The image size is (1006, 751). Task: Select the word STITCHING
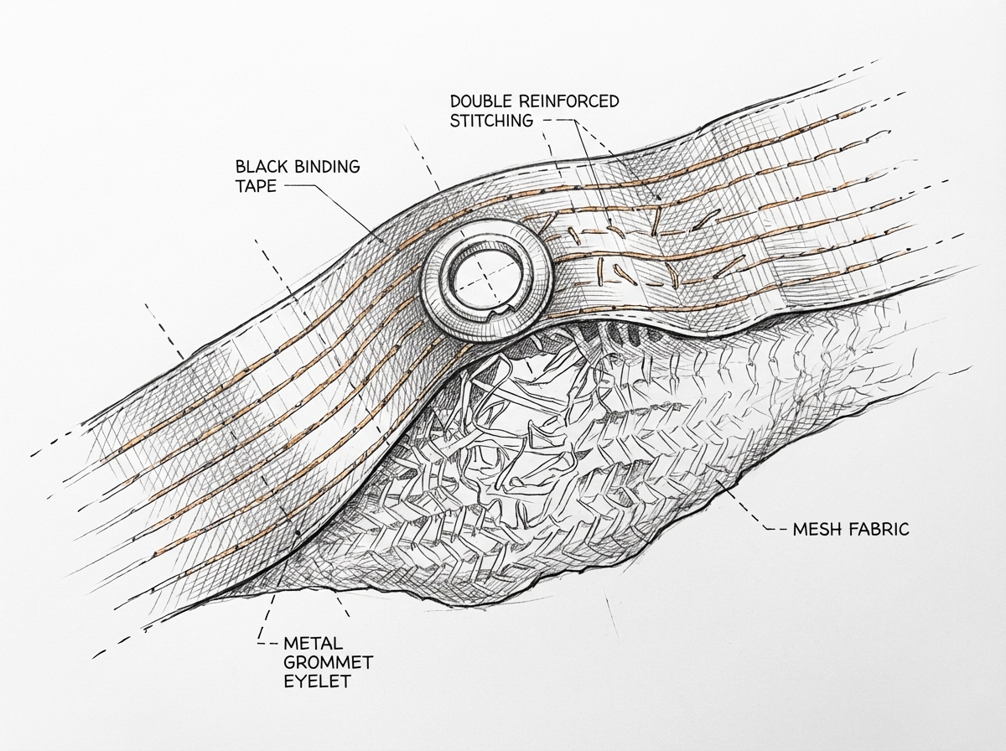[x=491, y=121]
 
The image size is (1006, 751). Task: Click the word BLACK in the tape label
[x=259, y=167]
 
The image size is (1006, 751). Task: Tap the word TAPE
[x=255, y=186]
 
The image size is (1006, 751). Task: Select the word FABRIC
[x=879, y=530]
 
